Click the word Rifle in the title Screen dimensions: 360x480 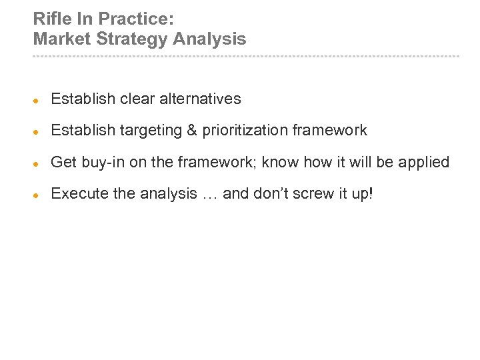[x=49, y=18]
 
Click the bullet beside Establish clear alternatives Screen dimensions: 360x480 [x=37, y=100]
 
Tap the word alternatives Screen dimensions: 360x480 [x=200, y=99]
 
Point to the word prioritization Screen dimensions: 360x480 [x=245, y=131]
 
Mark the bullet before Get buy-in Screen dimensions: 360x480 [x=37, y=163]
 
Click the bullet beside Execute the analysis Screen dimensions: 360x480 [x=37, y=195]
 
